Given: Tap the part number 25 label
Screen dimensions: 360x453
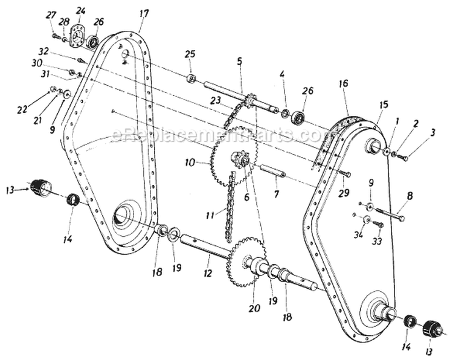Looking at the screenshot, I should click(x=190, y=54).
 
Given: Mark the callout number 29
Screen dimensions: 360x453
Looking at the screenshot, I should click(x=344, y=193).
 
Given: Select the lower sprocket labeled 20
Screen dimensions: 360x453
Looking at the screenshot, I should click(x=248, y=261).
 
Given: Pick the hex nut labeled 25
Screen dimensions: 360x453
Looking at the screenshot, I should click(x=191, y=78).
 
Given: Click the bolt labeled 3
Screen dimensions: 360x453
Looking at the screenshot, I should click(x=403, y=157).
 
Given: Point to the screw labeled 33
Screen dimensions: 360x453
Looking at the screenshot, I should click(x=378, y=224).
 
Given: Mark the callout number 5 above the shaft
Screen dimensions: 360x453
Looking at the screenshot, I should click(x=240, y=61).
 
